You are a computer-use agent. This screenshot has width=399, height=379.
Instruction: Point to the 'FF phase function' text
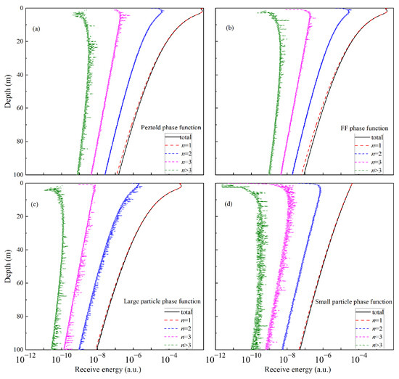click(x=367, y=127)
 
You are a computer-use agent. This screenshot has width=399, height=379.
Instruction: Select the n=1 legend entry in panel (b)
click(x=377, y=145)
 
